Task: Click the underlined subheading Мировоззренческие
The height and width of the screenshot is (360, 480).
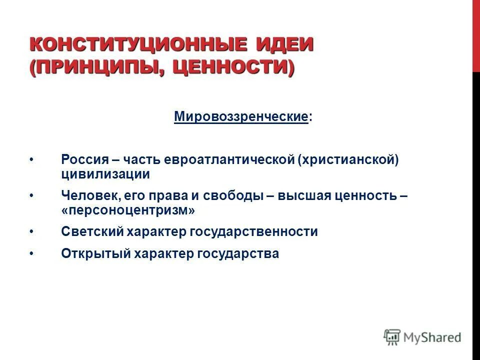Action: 240,117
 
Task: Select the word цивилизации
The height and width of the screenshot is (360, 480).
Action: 105,174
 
